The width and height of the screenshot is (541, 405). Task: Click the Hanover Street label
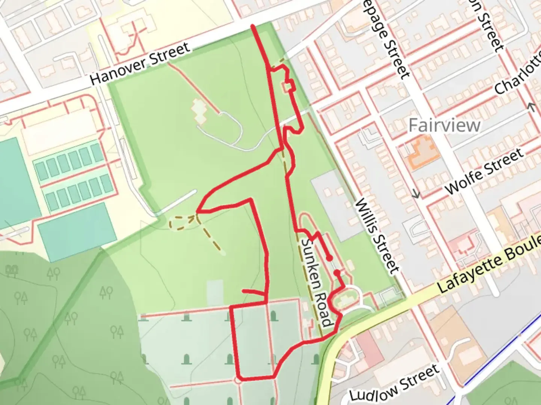(140, 64)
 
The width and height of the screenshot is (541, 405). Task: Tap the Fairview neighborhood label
(444, 125)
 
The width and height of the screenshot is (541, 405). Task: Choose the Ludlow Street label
(394, 382)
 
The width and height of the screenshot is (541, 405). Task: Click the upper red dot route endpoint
(329, 258)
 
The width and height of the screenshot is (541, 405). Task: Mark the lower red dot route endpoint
(337, 273)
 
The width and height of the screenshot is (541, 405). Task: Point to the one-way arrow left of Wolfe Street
(416, 194)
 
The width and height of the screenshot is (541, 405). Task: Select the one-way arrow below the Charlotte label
(531, 107)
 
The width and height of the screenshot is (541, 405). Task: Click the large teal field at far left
(17, 180)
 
